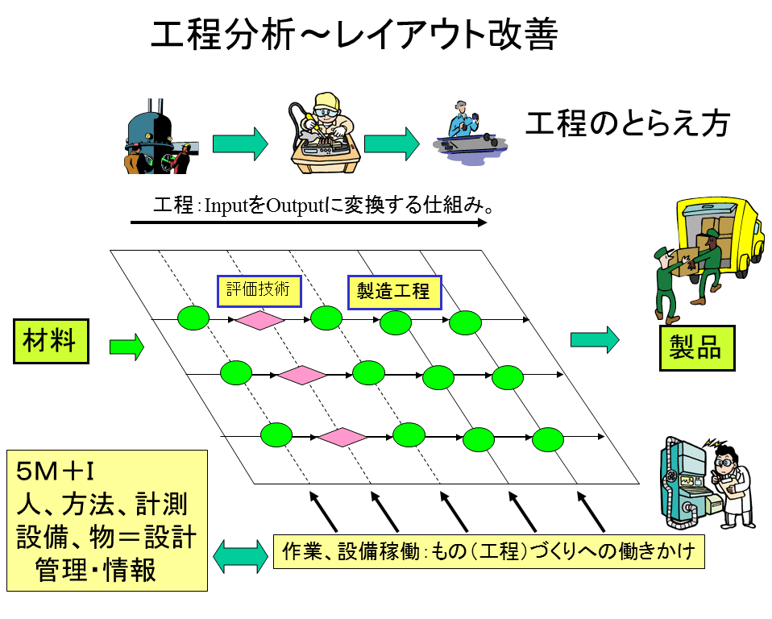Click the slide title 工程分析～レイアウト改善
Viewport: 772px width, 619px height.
[x=355, y=36]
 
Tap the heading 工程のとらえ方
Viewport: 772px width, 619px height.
[x=628, y=124]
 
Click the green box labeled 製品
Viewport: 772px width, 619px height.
[x=697, y=347]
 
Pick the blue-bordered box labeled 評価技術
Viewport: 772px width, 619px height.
[x=259, y=291]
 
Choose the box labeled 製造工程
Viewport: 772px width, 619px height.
[x=394, y=292]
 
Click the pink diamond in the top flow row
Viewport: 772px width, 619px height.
[x=259, y=321]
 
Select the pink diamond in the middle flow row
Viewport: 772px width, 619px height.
[x=301, y=375]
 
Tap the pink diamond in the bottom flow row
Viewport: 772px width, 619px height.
[x=342, y=437]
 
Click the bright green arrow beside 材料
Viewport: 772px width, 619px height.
[x=127, y=347]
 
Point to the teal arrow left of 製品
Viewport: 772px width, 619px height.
[x=595, y=339]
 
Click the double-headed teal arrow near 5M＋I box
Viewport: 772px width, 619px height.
[x=242, y=555]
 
